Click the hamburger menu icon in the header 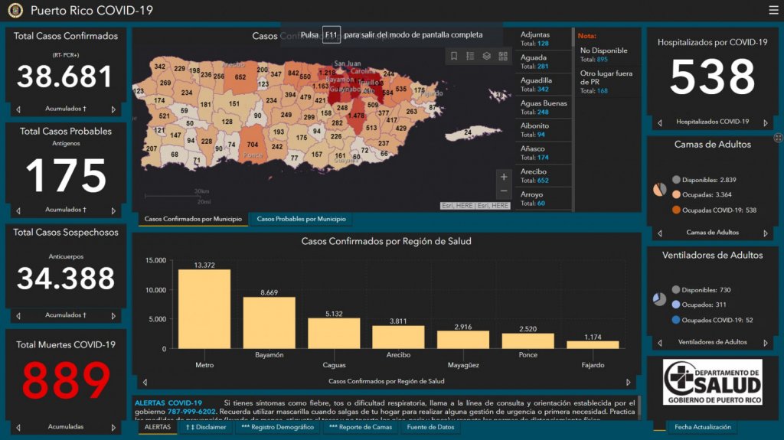773,10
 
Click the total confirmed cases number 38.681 65,77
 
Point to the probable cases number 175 66,175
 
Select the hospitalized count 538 713,77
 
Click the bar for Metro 204,308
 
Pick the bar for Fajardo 593,344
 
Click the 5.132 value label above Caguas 334,313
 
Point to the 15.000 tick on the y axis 155,261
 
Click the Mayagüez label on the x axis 463,355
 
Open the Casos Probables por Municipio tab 301,220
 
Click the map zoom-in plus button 503,177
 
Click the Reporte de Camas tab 361,427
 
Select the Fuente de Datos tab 430,427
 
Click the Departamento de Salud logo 712,382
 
